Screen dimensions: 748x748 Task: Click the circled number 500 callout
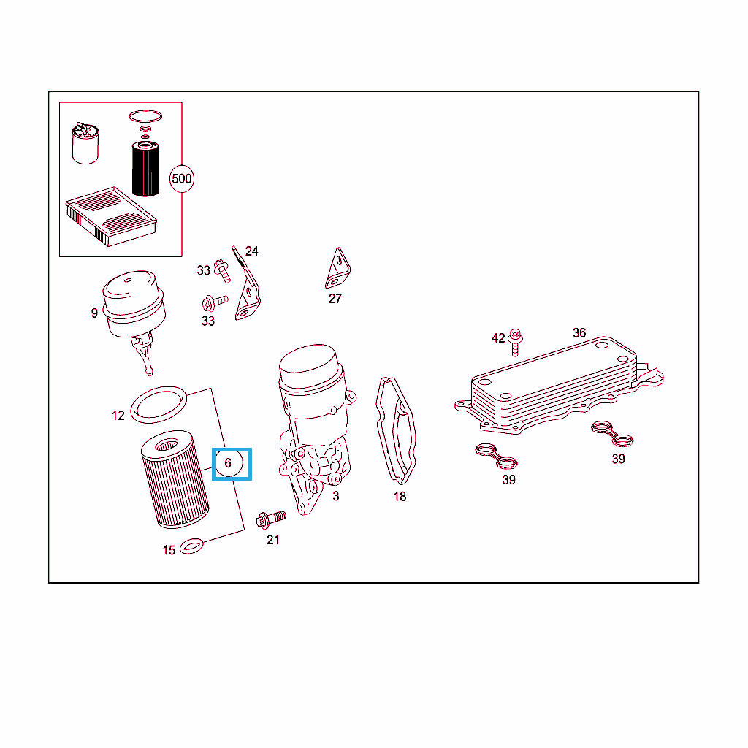[x=182, y=178]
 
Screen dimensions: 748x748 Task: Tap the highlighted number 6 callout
[x=229, y=462]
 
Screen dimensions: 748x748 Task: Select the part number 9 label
[x=94, y=313]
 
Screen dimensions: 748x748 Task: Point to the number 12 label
[x=118, y=416]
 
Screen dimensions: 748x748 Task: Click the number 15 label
[x=169, y=550]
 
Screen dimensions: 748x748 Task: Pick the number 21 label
[x=273, y=540]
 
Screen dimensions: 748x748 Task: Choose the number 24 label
[x=252, y=251]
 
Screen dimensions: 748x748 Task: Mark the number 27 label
[x=335, y=299]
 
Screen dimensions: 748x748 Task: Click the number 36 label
[x=579, y=333]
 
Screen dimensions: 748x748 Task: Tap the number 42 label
[x=498, y=338]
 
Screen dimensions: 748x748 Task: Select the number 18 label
[x=400, y=497]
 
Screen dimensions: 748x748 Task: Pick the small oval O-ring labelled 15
[x=191, y=546]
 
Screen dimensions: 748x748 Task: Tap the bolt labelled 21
[x=271, y=519]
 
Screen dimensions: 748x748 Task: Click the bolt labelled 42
[x=515, y=342]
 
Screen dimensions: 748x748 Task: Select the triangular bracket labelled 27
[x=337, y=268]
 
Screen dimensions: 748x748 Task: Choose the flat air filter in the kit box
[x=111, y=216]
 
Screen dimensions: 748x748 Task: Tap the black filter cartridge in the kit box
[x=145, y=169]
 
